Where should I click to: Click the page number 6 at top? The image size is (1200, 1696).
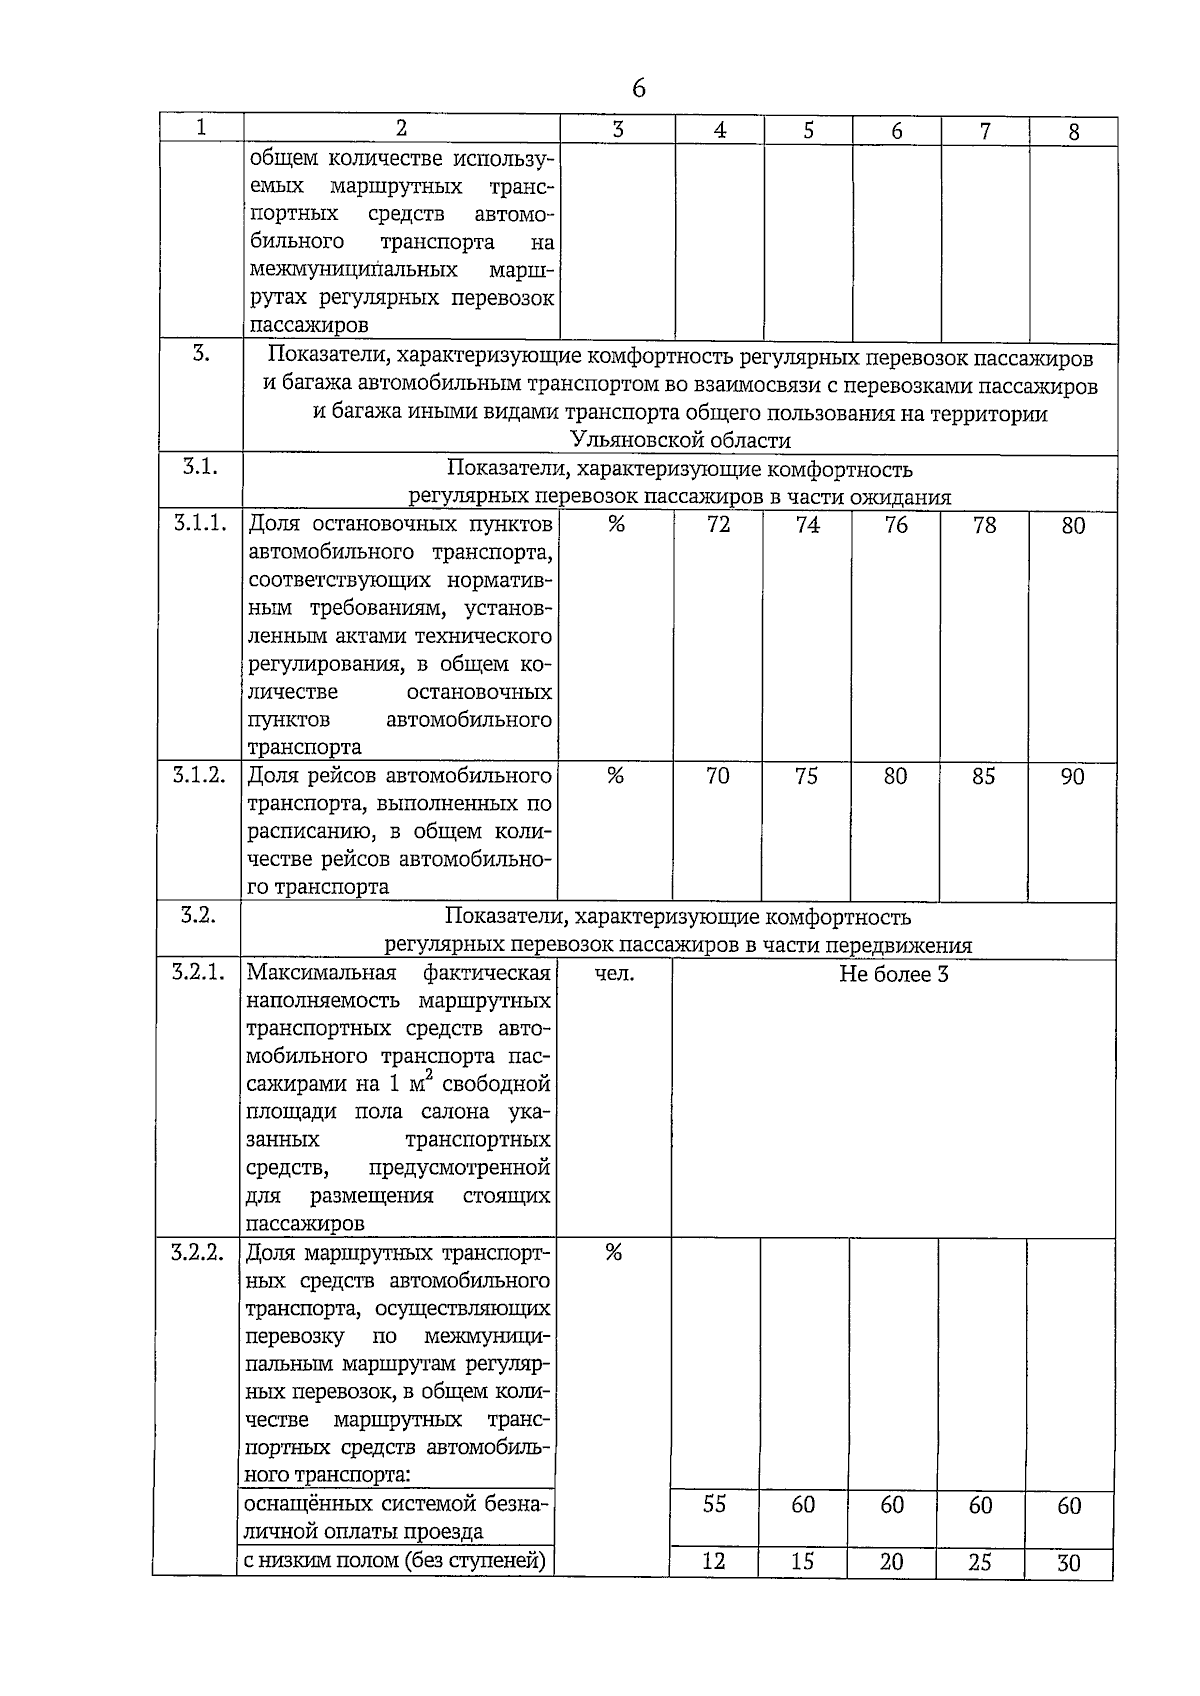[x=638, y=89]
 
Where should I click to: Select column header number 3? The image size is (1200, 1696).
[x=617, y=129]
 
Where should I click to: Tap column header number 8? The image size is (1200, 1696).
[x=1074, y=132]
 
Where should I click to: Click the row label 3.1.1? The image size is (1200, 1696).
[x=200, y=523]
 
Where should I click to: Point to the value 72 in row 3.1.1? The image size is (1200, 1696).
[x=718, y=525]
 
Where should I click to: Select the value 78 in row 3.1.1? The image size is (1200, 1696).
[x=984, y=525]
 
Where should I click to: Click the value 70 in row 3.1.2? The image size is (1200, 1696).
[x=717, y=776]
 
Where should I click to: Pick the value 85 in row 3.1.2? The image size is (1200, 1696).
[x=983, y=776]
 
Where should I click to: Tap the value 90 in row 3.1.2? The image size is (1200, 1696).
[x=1072, y=777]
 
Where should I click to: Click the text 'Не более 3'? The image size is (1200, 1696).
[x=893, y=974]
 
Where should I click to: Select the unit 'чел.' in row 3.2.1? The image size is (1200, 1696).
[x=614, y=973]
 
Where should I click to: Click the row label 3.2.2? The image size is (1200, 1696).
[x=197, y=1253]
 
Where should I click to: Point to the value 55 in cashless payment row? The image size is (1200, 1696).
[x=714, y=1504]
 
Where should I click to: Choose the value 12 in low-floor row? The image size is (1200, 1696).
[x=714, y=1561]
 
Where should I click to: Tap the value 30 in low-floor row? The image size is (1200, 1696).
[x=1069, y=1563]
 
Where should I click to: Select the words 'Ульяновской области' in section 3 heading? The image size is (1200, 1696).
[x=680, y=441]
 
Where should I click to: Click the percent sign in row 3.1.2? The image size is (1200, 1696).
[x=615, y=776]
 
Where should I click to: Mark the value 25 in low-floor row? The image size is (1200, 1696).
[x=980, y=1562]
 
